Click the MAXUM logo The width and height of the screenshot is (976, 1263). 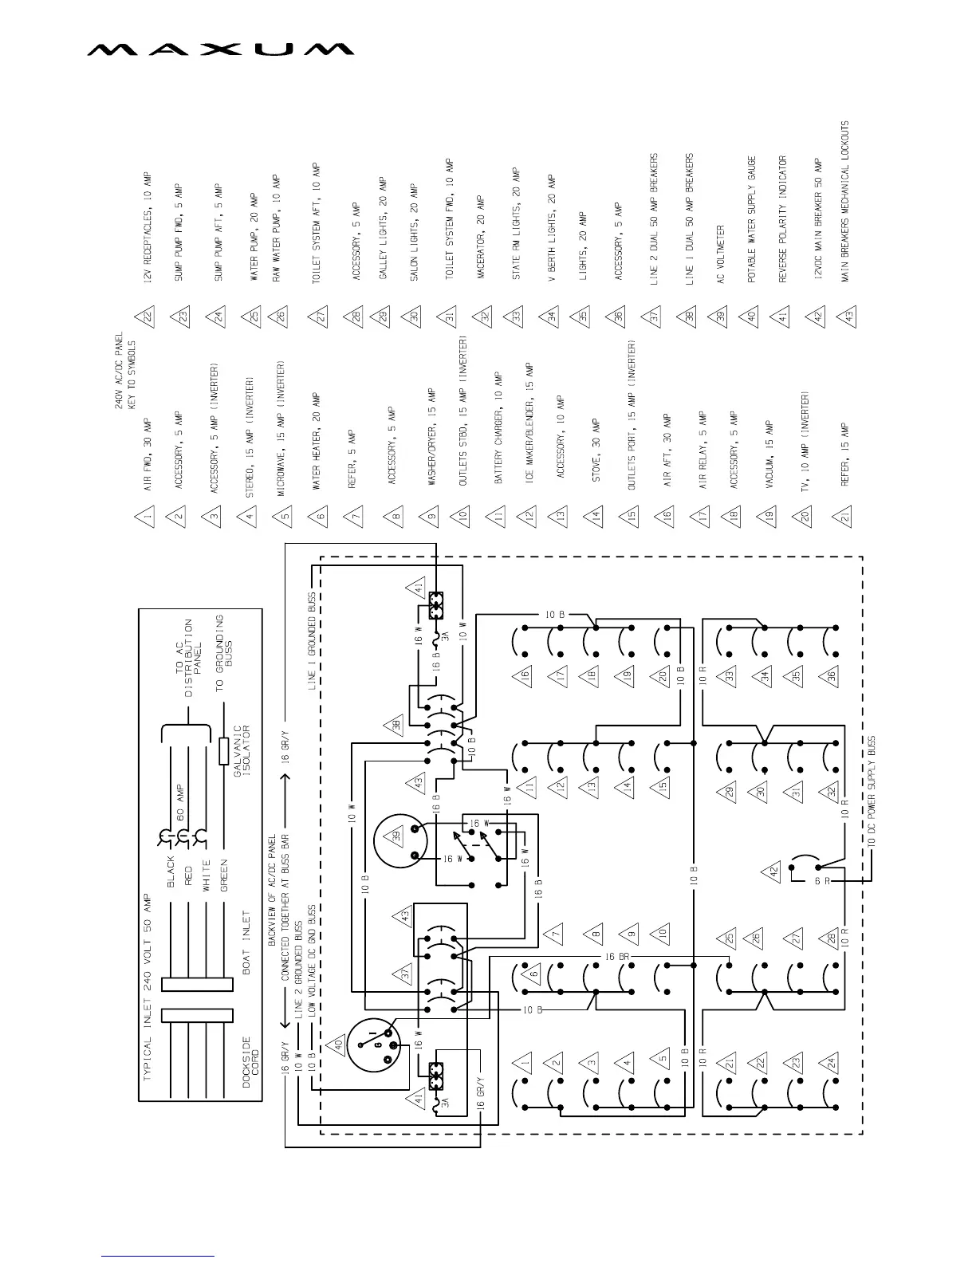pyautogui.click(x=220, y=49)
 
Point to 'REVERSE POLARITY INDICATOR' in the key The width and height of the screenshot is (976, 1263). pyautogui.click(x=783, y=219)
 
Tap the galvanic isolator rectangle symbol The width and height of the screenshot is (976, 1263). pyautogui.click(x=224, y=752)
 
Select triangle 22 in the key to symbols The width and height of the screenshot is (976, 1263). pyautogui.click(x=148, y=315)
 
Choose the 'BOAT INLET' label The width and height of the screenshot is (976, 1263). pyautogui.click(x=246, y=944)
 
